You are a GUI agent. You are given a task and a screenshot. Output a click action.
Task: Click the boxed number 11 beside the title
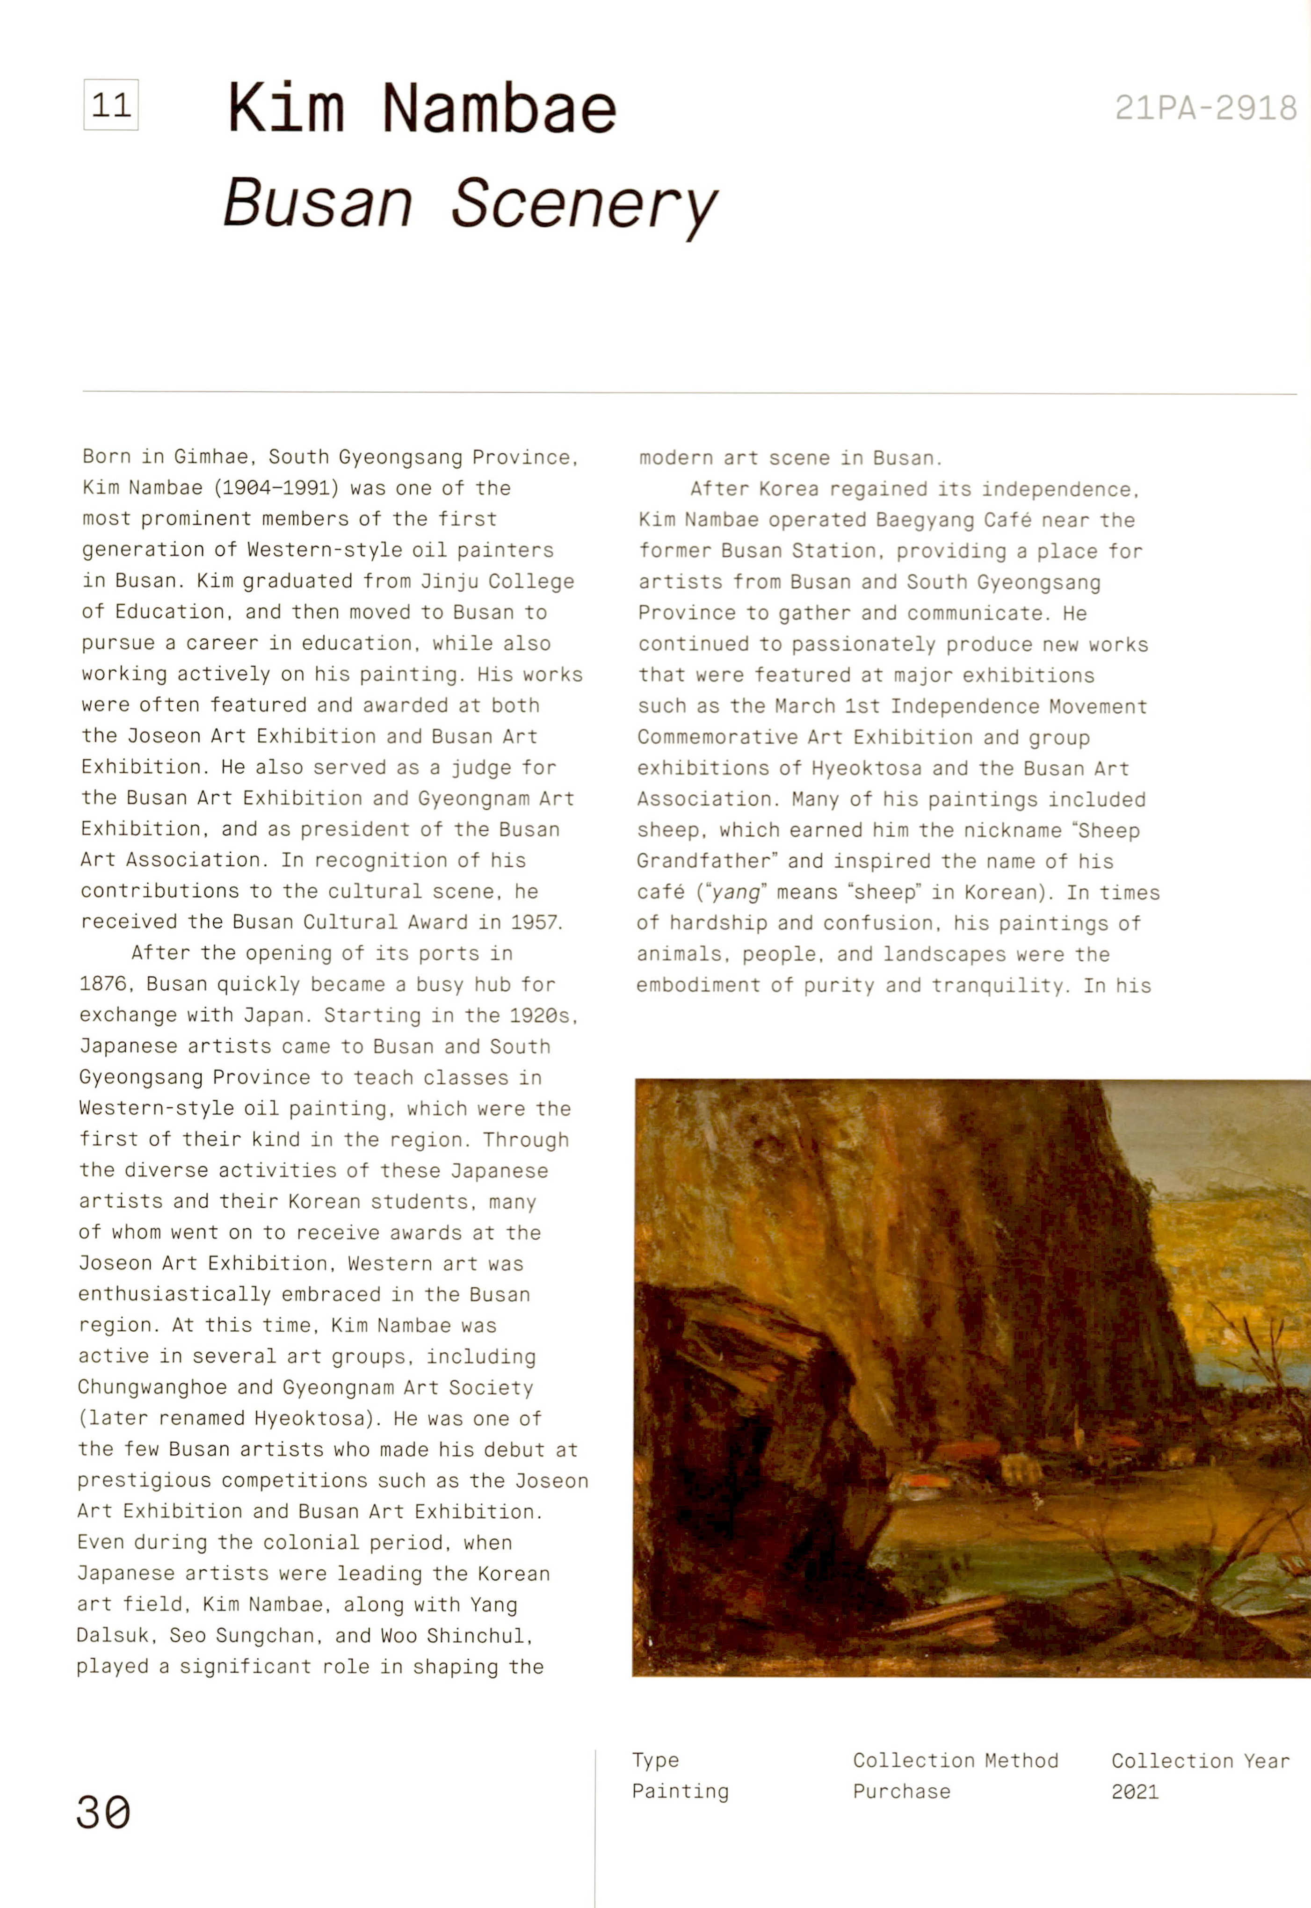[111, 105]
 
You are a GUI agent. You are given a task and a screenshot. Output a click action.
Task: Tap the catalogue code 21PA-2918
[1205, 108]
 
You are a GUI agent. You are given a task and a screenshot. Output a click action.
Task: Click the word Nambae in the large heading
[499, 109]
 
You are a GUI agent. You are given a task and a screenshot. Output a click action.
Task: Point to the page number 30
[103, 1812]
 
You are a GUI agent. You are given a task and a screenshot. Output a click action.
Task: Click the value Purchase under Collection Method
[901, 1792]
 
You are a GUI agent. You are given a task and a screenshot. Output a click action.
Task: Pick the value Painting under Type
[680, 1792]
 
